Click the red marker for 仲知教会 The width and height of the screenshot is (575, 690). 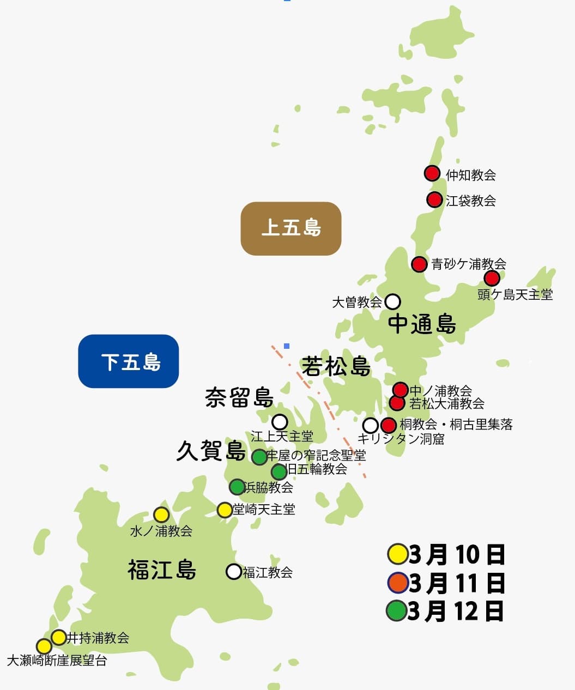432,173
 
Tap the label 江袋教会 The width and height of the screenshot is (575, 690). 470,201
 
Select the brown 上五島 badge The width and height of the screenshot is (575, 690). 291,228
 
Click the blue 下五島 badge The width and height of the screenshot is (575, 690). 129,361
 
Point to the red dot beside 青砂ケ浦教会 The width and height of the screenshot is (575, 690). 419,264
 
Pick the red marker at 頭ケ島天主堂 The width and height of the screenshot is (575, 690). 492,279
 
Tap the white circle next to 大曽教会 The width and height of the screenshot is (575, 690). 392,301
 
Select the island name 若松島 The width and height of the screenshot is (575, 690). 336,366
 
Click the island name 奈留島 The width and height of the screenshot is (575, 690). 239,397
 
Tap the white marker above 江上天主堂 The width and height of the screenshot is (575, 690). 280,422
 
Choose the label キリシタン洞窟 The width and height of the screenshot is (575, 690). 401,439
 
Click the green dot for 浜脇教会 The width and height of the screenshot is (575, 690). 237,486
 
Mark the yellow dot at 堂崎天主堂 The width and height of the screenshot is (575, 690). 225,510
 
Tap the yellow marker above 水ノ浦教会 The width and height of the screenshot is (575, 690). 161,515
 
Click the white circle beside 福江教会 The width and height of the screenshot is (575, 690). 234,571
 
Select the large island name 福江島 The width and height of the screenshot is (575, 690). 162,570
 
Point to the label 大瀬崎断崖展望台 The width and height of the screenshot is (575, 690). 57,661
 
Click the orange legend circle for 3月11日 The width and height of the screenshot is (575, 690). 397,583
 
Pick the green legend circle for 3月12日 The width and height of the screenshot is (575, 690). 396,610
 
